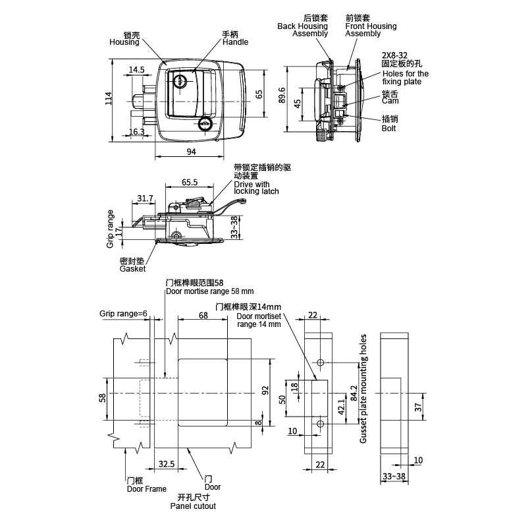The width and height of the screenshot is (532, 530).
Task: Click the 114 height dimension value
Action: coord(108,98)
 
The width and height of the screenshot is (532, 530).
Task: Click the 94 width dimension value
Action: coord(192,152)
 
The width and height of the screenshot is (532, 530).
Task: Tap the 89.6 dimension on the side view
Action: coord(282,95)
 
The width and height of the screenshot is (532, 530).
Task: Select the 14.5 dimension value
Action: coord(137,70)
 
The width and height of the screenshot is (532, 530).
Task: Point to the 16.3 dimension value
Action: coord(137,131)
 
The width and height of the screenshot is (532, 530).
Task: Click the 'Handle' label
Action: coord(235,42)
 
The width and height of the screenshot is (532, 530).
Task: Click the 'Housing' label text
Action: coord(124,42)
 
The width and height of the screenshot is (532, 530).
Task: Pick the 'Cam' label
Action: coord(390,101)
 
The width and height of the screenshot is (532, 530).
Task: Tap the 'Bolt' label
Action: coord(389,128)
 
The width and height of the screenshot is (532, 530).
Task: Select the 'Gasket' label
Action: coord(132,268)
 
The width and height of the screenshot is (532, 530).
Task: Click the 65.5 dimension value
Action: coord(190,182)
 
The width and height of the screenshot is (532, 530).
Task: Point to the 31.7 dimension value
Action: coord(146,198)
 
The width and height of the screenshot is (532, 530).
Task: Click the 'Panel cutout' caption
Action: coord(193,506)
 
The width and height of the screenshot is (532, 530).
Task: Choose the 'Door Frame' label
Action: coord(147,488)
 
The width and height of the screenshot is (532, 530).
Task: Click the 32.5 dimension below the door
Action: coord(167,464)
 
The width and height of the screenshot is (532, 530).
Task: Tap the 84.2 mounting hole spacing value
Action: coord(354,393)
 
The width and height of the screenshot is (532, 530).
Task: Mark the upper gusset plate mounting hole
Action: coord(320,363)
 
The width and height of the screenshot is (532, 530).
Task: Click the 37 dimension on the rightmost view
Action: coord(418,407)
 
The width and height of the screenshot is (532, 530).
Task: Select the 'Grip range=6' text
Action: coord(124,313)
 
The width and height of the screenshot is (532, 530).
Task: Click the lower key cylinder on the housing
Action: coord(205,124)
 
